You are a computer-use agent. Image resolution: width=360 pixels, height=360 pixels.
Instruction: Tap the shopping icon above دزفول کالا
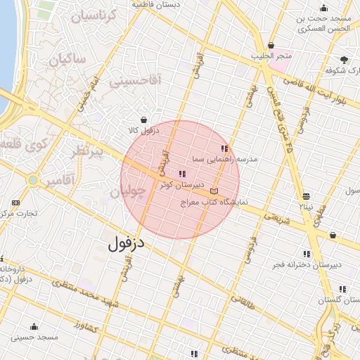point(144,120)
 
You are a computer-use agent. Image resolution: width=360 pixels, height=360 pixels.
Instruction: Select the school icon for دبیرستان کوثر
point(182,174)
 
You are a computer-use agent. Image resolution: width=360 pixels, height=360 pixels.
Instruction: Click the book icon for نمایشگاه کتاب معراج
point(214,191)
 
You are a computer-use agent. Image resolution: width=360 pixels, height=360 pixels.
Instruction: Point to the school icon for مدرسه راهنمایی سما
point(224,149)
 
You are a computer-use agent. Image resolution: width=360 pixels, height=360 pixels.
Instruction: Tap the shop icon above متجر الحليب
point(271,45)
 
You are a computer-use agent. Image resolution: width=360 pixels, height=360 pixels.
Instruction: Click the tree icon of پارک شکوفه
point(344,60)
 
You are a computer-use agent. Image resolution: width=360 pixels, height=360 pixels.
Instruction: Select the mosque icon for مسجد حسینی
point(34,326)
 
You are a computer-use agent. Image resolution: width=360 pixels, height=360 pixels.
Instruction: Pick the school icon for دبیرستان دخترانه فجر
point(307,254)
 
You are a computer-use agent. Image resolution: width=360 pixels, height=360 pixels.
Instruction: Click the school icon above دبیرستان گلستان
point(342,289)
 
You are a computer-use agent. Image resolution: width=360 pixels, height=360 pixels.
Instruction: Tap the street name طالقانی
point(240,304)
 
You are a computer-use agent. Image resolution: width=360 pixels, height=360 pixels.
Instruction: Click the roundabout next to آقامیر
point(32,180)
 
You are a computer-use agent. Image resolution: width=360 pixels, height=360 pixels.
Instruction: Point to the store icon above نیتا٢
point(306,196)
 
